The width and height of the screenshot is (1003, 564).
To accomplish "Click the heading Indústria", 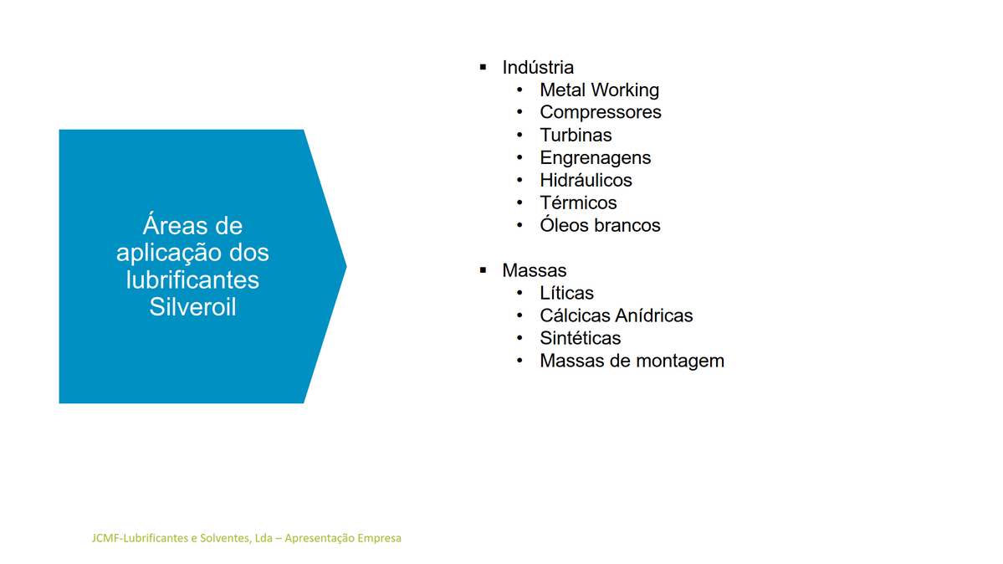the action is click(537, 67).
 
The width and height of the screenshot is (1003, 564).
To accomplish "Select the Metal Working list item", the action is click(599, 90).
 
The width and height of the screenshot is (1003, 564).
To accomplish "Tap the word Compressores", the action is click(601, 113).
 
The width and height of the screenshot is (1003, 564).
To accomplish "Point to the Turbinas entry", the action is click(576, 135).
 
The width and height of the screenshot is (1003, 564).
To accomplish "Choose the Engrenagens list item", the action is click(595, 158).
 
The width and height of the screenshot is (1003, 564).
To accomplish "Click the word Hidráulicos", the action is click(586, 180).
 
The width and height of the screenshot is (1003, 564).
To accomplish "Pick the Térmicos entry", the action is click(578, 203).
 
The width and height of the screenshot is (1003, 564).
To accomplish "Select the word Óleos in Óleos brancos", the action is click(564, 225).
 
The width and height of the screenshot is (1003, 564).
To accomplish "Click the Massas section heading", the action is click(534, 270).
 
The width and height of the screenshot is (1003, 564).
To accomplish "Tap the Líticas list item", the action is click(566, 293).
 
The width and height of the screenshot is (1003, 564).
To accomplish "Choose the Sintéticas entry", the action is click(581, 338).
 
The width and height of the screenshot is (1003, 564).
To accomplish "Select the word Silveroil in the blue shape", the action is click(192, 306).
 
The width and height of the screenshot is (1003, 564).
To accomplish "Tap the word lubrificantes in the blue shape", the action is click(192, 279).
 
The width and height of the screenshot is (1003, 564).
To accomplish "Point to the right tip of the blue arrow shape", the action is click(346, 266).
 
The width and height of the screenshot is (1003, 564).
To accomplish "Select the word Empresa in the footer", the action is click(379, 538).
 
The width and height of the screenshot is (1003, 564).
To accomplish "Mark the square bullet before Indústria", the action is click(483, 67).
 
